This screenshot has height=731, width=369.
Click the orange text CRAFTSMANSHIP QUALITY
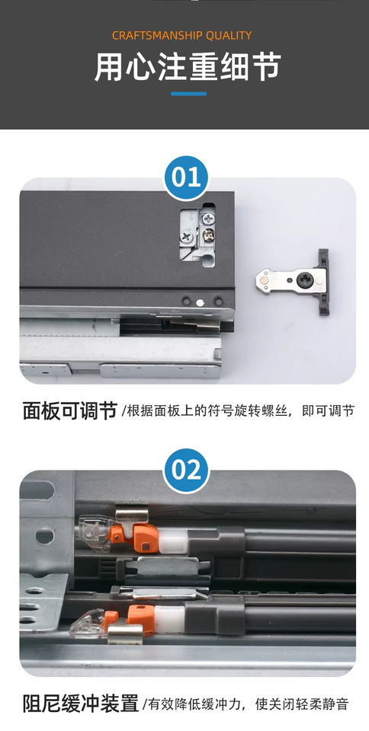(x=182, y=36)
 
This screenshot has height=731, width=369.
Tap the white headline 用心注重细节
(x=188, y=67)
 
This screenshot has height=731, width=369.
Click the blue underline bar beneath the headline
(x=188, y=94)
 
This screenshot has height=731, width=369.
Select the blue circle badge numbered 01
(x=186, y=178)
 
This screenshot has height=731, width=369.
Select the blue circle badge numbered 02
(x=186, y=471)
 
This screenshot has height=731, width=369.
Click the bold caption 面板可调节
(x=69, y=411)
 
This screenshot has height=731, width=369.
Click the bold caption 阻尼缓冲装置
(x=81, y=704)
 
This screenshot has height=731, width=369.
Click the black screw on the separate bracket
(x=304, y=280)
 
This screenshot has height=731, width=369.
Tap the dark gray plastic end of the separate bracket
(x=323, y=282)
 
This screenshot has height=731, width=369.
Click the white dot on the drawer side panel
(x=200, y=302)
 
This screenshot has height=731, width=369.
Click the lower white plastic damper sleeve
(x=169, y=620)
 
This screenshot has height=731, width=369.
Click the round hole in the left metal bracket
(x=45, y=536)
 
